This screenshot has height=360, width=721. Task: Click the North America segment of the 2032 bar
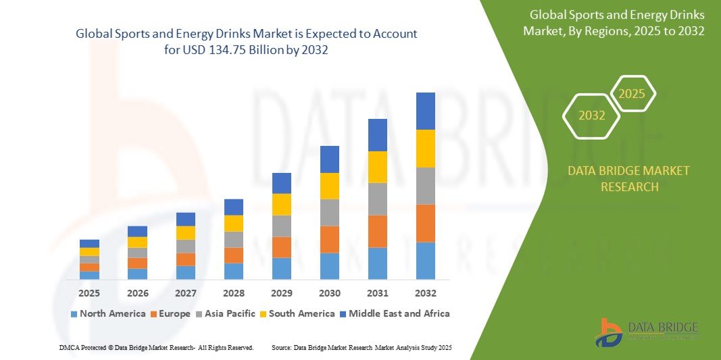pos(425,261)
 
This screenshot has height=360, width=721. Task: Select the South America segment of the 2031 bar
pos(377,167)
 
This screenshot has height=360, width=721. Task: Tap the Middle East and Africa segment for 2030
pos(329,159)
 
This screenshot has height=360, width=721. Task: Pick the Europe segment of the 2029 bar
pos(281,247)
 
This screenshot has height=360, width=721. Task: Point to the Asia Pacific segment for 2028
pos(233,240)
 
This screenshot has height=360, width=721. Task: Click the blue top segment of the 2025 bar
pos(89,244)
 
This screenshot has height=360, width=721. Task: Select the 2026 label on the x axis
pos(137,294)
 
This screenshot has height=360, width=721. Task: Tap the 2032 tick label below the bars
pos(425,294)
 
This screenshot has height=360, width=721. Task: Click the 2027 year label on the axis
pos(185,294)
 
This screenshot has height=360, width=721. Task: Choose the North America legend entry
pos(107,313)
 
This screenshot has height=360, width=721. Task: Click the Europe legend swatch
pos(154,314)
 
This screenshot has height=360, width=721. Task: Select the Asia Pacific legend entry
pos(226,313)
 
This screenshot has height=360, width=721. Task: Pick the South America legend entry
pos(301,313)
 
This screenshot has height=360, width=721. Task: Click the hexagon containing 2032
pos(592,115)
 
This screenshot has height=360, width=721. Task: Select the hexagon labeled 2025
pos(632,94)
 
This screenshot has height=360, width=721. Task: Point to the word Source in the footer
pos(281,347)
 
